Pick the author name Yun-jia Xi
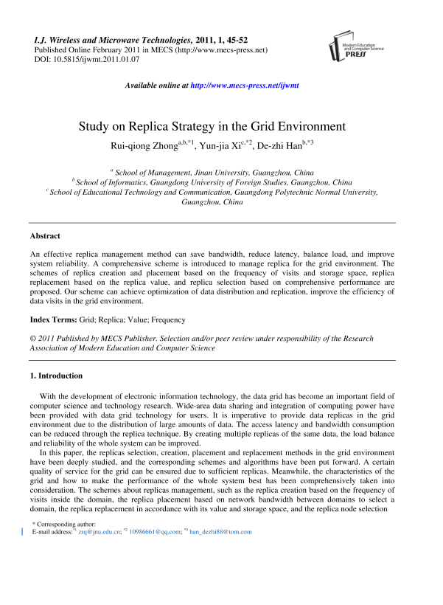point(218,145)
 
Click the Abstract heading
point(45,236)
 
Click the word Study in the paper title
point(94,126)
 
